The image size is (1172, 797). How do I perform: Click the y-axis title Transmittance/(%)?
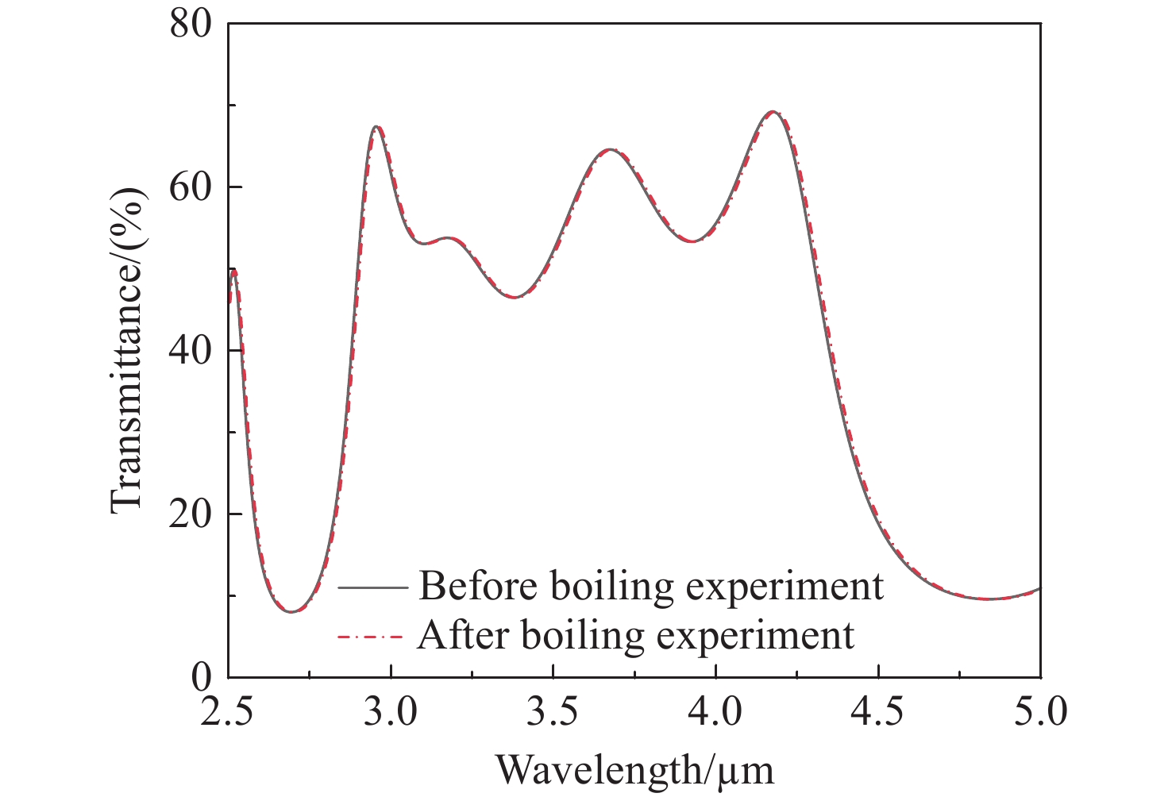127,350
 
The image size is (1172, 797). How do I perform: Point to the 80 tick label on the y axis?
191,24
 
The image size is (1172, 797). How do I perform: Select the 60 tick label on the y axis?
191,187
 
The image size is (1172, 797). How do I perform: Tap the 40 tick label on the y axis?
191,350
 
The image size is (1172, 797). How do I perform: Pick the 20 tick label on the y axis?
191,514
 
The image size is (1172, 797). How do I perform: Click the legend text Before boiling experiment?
651,587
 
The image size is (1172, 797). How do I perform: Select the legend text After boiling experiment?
636,635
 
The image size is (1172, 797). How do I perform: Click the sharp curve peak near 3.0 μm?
376,127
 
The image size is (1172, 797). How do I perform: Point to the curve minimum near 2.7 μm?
291,611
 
